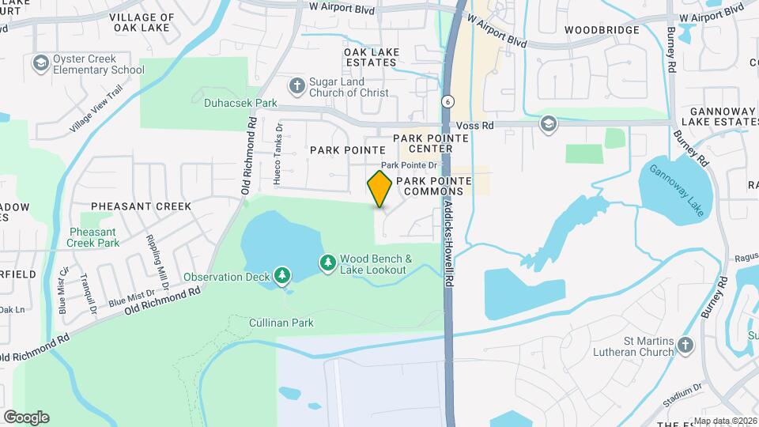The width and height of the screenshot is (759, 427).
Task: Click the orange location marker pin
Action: [x=379, y=188]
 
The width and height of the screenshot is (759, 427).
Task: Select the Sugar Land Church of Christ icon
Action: [x=296, y=85]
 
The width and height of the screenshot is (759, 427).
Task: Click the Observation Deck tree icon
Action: [x=282, y=276]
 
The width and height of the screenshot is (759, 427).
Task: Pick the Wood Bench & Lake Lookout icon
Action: [x=327, y=263]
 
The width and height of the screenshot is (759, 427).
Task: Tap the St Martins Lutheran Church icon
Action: [x=685, y=345]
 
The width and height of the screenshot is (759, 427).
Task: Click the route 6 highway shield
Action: [x=448, y=101]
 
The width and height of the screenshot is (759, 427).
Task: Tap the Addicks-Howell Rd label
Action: [x=448, y=237]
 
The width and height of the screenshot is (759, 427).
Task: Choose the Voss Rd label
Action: [x=476, y=126]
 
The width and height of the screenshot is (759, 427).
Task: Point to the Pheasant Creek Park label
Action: [x=93, y=237]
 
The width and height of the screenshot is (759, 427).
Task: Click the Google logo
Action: [x=26, y=417]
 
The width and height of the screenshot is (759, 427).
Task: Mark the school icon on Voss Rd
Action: [x=548, y=124]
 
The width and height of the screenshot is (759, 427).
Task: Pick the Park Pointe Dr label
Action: [x=409, y=165]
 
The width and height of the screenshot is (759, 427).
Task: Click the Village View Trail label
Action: [x=96, y=110]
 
